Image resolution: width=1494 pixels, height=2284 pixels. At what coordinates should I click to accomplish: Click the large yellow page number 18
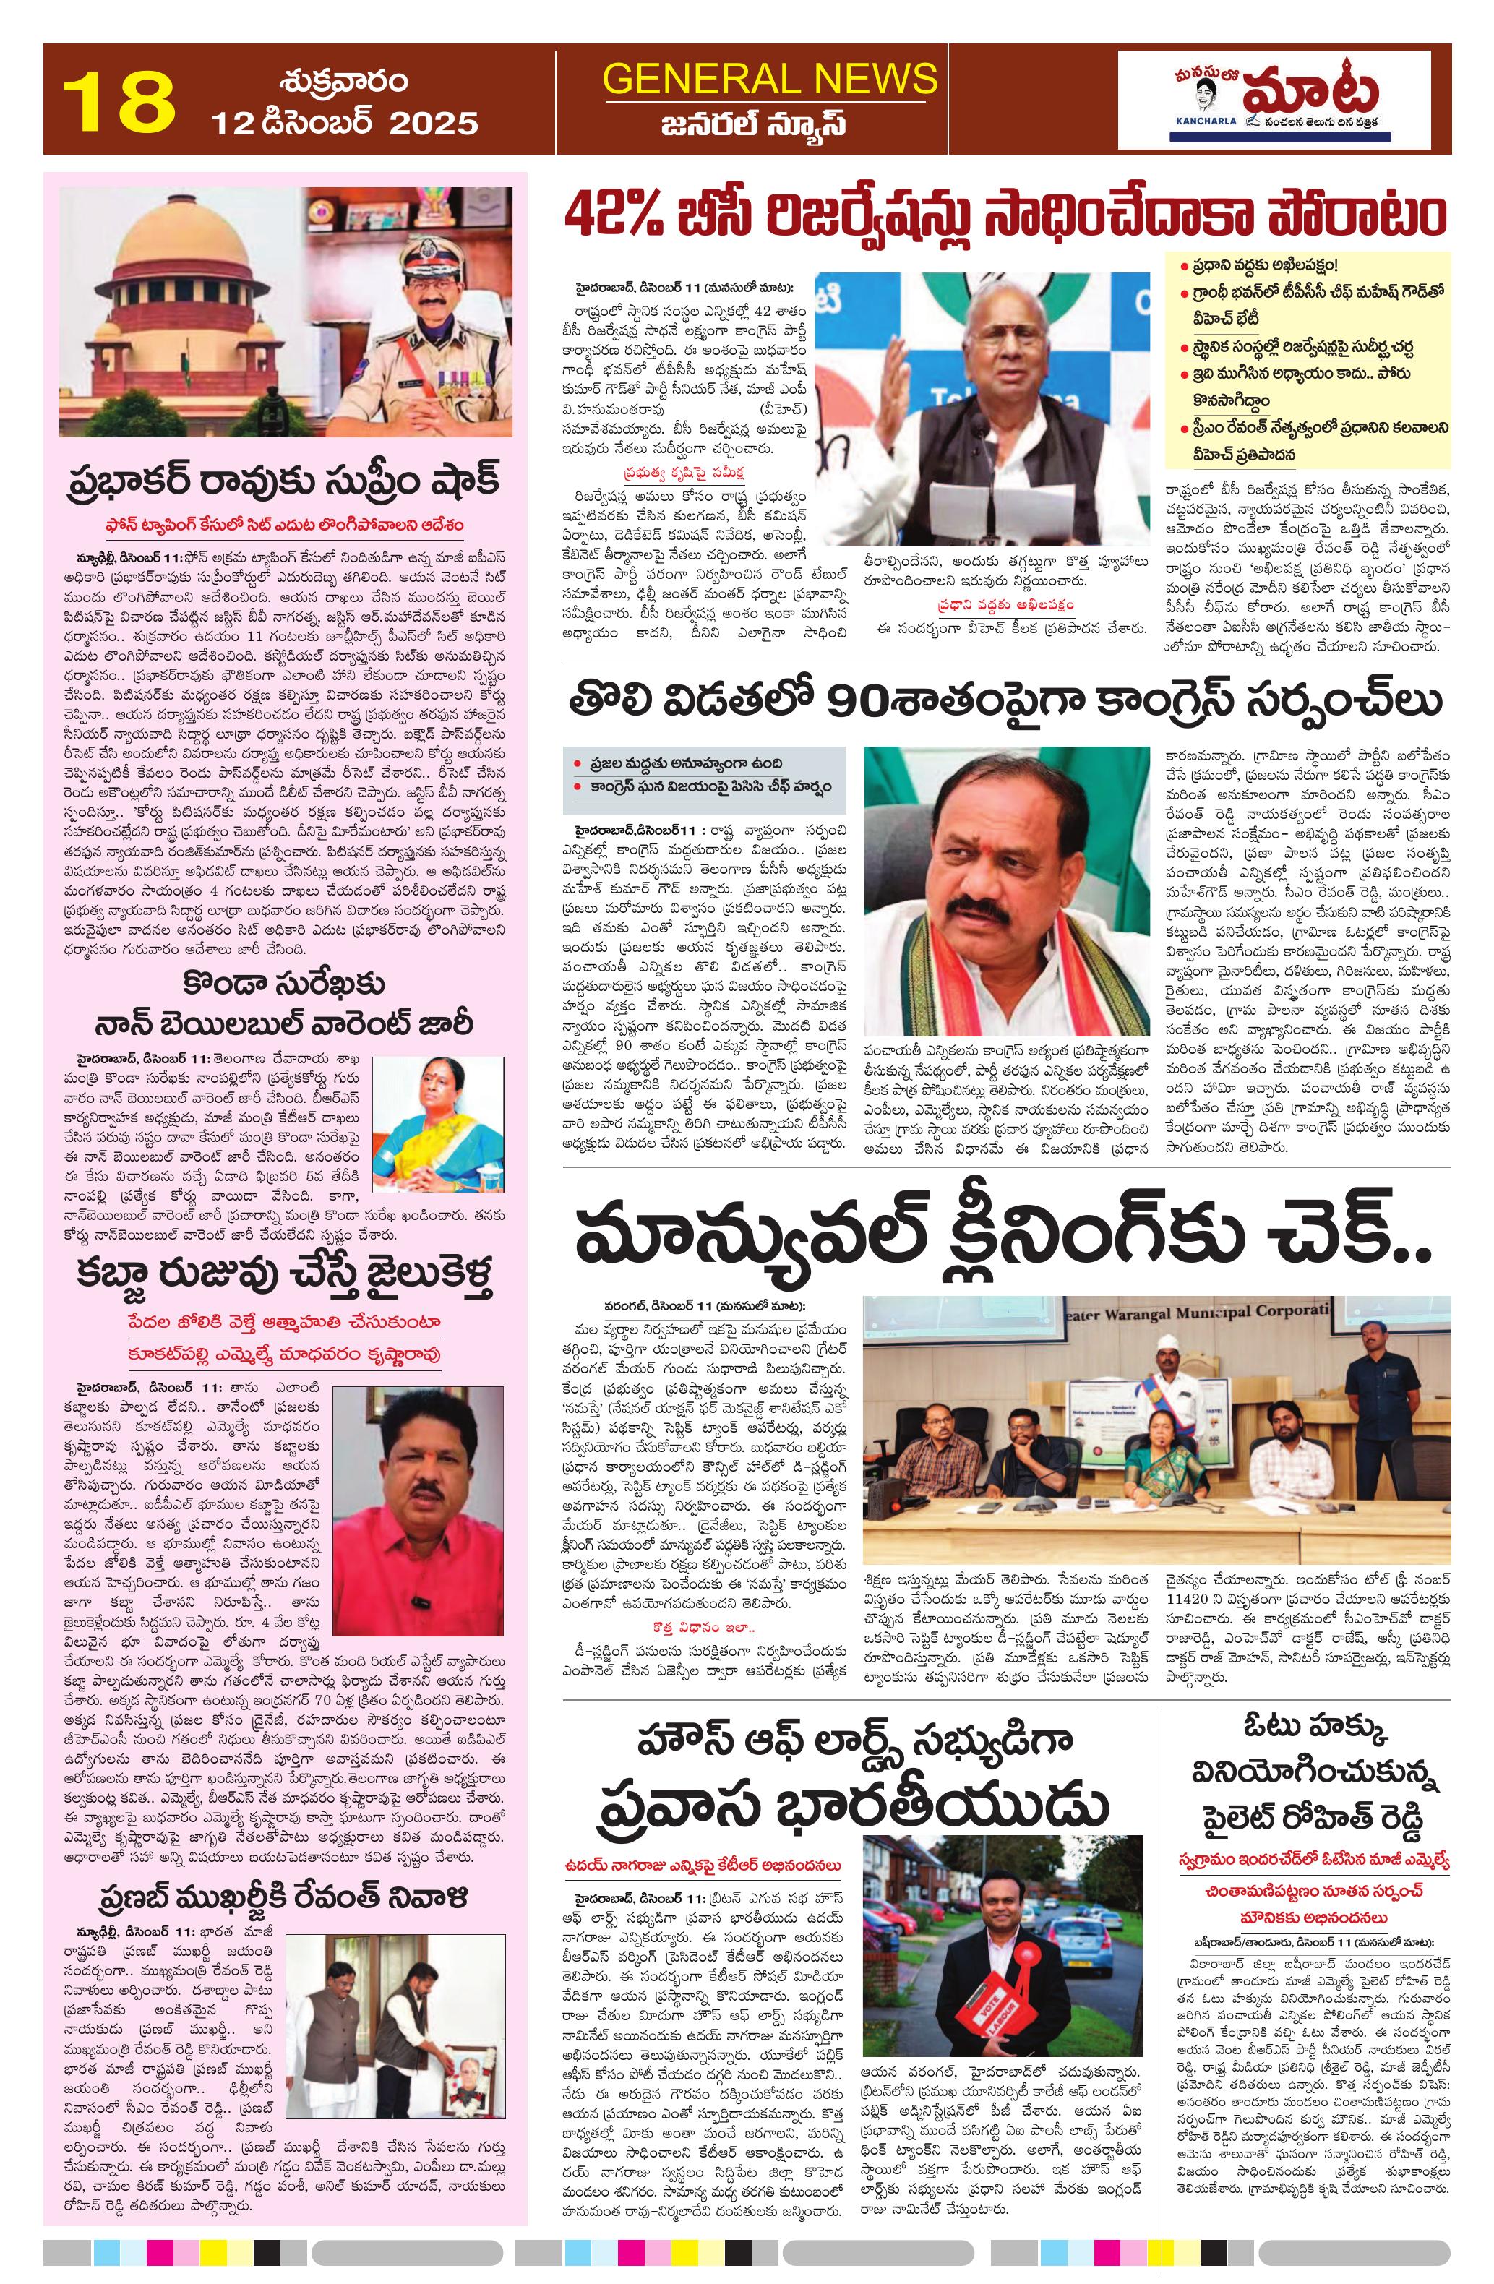click(x=119, y=99)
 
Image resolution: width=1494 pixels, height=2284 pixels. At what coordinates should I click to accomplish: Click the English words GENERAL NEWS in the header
click(x=770, y=78)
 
